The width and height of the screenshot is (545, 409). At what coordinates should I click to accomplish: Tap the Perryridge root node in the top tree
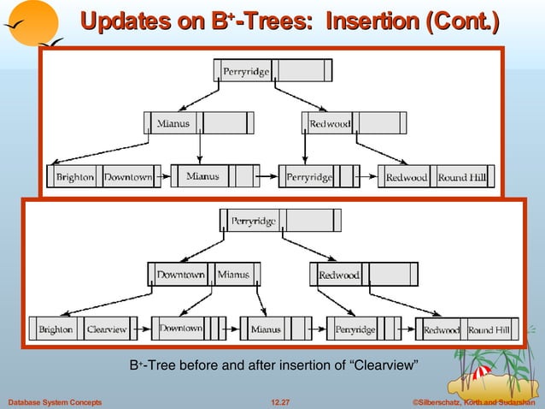coord(246,71)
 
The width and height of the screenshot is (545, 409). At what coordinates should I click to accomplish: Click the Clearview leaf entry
coord(107,329)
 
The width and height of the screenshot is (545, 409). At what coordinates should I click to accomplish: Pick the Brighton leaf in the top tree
coord(75,178)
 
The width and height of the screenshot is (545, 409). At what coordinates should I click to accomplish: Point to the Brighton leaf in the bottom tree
coord(56,329)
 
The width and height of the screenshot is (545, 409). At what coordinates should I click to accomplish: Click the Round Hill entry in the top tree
coord(463,178)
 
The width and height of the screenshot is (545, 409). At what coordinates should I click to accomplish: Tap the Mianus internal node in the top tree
coord(173,124)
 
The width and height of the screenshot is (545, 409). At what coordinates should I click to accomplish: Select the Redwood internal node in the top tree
coord(330,124)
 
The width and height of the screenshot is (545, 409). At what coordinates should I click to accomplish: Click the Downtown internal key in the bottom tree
coord(180,275)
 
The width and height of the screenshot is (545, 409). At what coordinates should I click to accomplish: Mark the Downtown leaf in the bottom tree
coord(181,329)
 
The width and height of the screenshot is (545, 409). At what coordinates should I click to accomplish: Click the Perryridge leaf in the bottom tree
coord(355,329)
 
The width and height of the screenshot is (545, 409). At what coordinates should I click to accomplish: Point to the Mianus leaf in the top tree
coord(202,177)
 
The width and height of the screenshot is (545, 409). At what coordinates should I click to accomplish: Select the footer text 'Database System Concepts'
coord(55,401)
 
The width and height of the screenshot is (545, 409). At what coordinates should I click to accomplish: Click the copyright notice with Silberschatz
coord(476,401)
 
